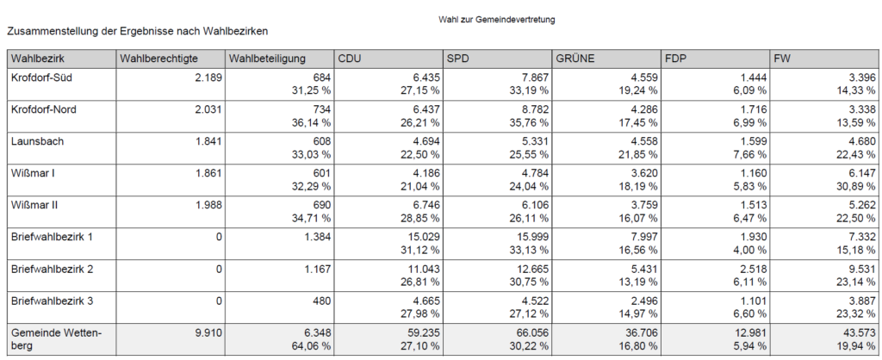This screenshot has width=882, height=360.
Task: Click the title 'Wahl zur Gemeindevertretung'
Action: tap(497, 18)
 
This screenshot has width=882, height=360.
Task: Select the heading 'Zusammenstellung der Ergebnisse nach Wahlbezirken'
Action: tap(138, 31)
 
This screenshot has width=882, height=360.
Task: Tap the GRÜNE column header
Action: tap(576, 59)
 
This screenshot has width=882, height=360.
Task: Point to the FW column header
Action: tap(783, 59)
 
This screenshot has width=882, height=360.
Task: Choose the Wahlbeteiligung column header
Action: tap(268, 59)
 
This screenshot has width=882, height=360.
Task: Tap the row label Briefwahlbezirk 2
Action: tap(52, 269)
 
